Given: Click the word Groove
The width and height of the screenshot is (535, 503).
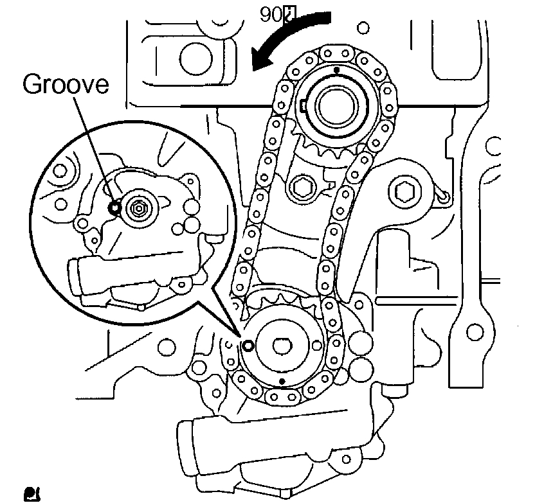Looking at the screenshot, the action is click(x=66, y=85).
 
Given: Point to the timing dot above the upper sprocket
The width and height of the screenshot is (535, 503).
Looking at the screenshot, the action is click(x=336, y=69).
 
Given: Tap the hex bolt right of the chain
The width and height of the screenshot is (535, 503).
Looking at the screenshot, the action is click(x=405, y=191).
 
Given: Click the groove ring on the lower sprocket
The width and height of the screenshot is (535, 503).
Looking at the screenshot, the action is click(x=248, y=346).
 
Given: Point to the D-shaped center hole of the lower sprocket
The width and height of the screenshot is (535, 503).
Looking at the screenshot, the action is click(x=282, y=346).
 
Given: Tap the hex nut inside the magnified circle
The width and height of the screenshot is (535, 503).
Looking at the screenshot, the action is click(x=138, y=207).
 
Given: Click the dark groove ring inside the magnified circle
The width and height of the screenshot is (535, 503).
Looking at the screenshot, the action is click(x=114, y=207).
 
